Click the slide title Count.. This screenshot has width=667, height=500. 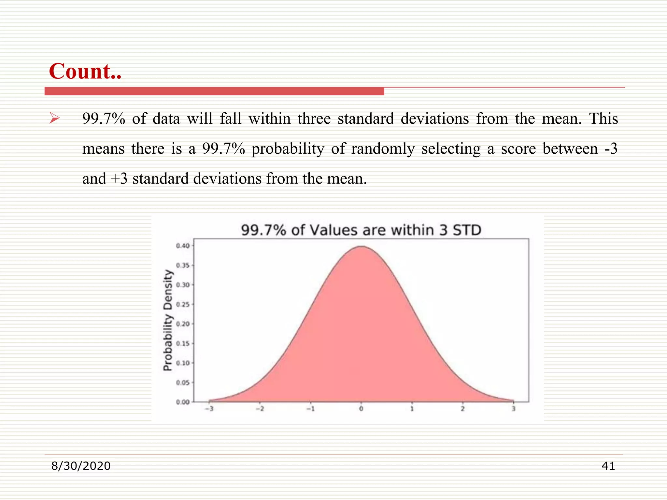point(85,71)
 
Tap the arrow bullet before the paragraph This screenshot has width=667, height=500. point(54,118)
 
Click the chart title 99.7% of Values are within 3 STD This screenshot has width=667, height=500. point(361,230)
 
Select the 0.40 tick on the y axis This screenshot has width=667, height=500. point(183,246)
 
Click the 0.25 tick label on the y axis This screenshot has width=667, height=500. point(183,305)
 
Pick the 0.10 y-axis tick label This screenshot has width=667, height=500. point(183,363)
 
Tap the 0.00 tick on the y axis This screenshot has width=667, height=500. point(183,402)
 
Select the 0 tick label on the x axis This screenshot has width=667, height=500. point(361,409)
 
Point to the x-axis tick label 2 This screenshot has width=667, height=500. point(462,409)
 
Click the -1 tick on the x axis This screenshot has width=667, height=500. point(310,409)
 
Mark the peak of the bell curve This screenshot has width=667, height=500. point(362,247)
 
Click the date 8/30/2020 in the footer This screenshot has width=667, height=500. point(81,466)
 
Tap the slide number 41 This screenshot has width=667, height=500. point(608,466)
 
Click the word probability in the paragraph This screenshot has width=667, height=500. point(288,149)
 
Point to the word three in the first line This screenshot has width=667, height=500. point(314,118)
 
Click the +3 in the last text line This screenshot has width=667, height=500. point(119,179)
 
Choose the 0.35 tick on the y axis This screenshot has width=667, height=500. point(183,265)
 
